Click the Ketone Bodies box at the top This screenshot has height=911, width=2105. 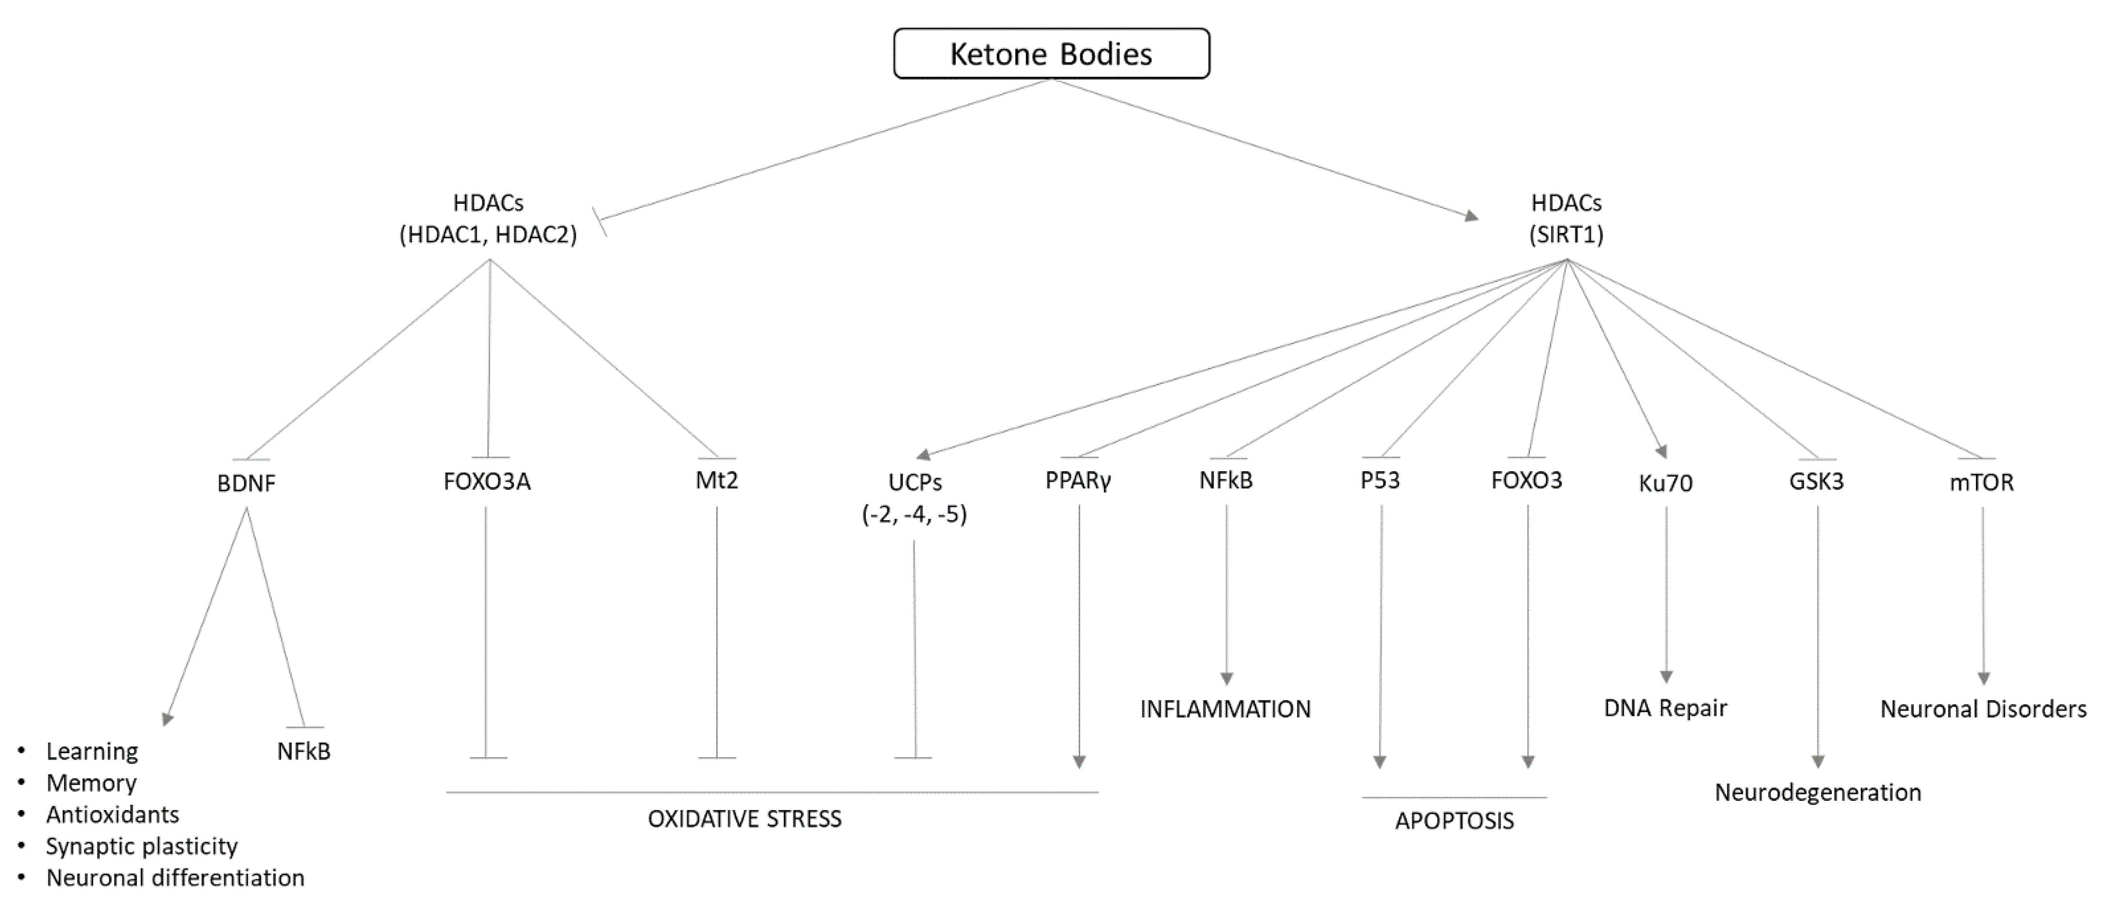pos(1051,54)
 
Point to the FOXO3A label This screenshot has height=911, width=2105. pos(487,482)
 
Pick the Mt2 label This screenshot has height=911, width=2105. pos(717,480)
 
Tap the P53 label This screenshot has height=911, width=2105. pos(1380,480)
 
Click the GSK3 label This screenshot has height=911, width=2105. pos(1817,482)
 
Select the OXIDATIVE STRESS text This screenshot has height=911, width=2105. pos(744,819)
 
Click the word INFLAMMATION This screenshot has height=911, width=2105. pos(1225,709)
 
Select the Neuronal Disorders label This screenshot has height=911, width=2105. pos(1983,709)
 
